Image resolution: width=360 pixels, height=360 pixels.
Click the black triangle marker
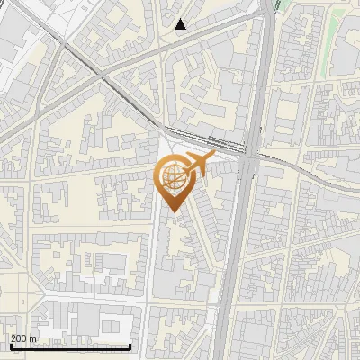[x=181, y=24]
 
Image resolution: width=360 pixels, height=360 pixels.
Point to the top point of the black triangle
[x=181, y=19]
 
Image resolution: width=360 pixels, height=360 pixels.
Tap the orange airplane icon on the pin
[x=198, y=164]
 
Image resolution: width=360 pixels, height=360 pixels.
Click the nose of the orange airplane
[x=212, y=156]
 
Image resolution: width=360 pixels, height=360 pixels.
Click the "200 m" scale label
[x=24, y=338]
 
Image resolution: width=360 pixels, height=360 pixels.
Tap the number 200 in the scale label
[x=20, y=338]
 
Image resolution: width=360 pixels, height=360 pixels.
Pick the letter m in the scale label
[x=33, y=338]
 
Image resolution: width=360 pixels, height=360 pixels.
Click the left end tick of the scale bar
[x=9, y=346]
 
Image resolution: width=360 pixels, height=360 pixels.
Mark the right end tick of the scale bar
[x=130, y=346]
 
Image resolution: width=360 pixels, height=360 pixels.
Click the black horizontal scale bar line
[x=70, y=347]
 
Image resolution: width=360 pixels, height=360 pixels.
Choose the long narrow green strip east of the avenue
[x=331, y=36]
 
